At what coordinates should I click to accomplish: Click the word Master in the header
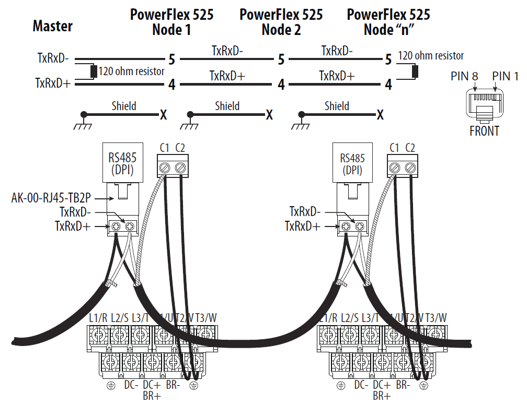click(x=52, y=26)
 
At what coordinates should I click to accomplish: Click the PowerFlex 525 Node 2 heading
click(x=281, y=22)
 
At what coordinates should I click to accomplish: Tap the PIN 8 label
click(x=464, y=77)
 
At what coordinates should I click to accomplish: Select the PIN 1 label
click(x=505, y=77)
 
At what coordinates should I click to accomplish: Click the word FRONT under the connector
click(x=484, y=131)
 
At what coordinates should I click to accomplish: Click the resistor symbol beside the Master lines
click(x=94, y=72)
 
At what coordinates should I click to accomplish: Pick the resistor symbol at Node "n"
click(x=415, y=71)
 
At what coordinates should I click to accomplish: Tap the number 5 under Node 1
click(x=171, y=59)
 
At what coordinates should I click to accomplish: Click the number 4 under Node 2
click(x=281, y=85)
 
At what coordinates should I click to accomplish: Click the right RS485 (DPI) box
click(x=351, y=163)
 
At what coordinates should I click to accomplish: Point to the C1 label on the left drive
click(x=165, y=148)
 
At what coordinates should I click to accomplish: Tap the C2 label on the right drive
click(x=410, y=148)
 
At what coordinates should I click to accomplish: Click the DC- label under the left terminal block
click(x=131, y=386)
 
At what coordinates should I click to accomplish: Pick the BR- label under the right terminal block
click(x=403, y=386)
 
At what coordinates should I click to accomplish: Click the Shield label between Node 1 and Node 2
click(x=227, y=106)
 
